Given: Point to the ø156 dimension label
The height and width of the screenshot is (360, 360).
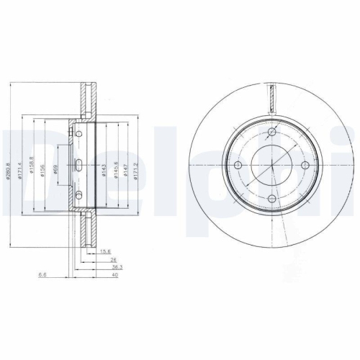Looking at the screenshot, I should tap(43, 169).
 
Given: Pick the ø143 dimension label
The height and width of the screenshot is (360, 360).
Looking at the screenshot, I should tap(104, 170).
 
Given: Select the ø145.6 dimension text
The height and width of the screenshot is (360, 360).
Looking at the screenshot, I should tap(115, 170).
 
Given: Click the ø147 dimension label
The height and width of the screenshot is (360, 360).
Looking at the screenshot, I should tap(126, 170).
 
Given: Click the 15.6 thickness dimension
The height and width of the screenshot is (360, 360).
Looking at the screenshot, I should tap(105, 251).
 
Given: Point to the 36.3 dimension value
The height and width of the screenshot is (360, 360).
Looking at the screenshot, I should tap(107, 266).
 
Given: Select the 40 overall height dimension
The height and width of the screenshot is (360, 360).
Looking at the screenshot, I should tap(113, 274).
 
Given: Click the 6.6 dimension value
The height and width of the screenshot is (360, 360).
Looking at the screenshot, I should tap(43, 274).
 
